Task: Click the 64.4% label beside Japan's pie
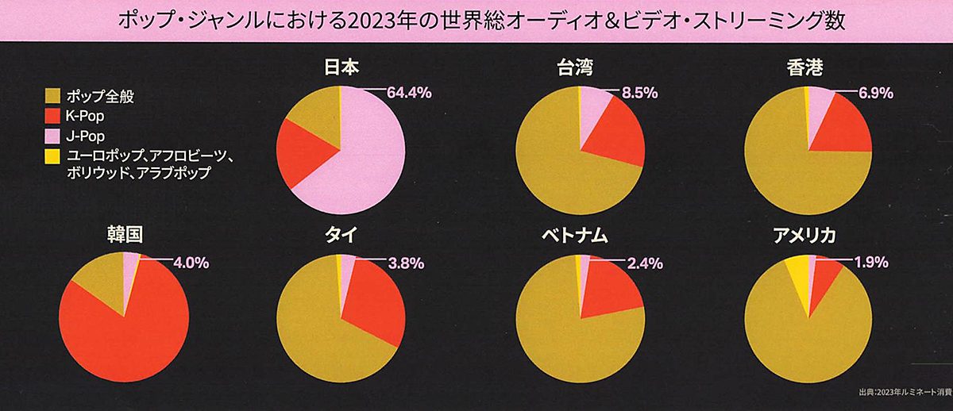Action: (409, 93)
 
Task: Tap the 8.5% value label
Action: (639, 93)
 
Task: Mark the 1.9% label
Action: (870, 263)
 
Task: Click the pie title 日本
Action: (340, 69)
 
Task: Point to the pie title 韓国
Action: (124, 236)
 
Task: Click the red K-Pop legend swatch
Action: (53, 117)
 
